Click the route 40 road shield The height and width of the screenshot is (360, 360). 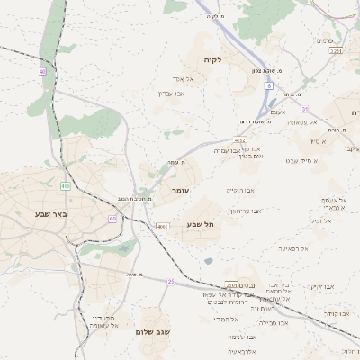(x=41, y=71)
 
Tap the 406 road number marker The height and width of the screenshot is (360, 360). (x=66, y=186)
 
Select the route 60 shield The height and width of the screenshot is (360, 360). (x=112, y=219)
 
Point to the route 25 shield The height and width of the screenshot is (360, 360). (x=171, y=281)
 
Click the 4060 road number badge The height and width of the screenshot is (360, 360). (x=163, y=228)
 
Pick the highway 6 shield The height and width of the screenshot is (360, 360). (x=267, y=86)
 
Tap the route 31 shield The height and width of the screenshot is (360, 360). (x=305, y=109)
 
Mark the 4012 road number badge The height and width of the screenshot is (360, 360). (x=239, y=140)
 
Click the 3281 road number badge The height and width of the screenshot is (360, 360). (x=336, y=51)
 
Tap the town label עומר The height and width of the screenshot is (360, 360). (x=178, y=191)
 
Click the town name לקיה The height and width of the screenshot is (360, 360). (x=238, y=59)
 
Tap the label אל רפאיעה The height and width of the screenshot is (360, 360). (x=292, y=247)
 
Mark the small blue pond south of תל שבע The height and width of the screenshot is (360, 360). (x=209, y=261)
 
